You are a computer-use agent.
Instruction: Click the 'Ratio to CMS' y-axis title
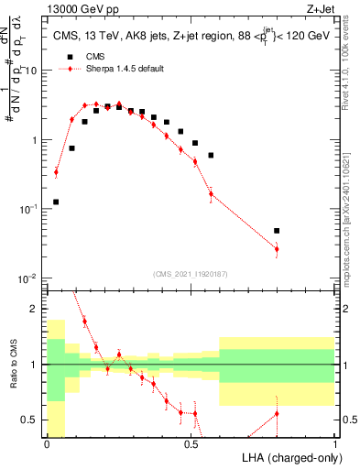[12, 365]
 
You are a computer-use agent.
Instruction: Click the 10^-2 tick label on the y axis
[27, 278]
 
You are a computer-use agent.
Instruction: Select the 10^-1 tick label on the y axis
[27, 209]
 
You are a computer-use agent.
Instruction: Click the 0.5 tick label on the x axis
[191, 444]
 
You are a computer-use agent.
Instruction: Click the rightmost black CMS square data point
[277, 231]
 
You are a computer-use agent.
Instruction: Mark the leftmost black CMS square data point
[56, 202]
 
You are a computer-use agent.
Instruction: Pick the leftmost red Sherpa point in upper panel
[56, 171]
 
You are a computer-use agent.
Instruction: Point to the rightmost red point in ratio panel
[277, 414]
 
